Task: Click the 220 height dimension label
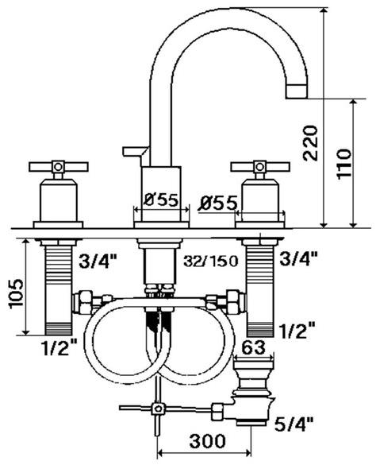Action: pos(311,143)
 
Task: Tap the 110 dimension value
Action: pos(344,164)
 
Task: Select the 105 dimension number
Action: pos(16,293)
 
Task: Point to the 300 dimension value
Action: pos(207,441)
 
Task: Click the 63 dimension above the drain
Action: pos(253,347)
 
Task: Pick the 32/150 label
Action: pos(211,262)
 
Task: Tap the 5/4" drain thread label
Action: pos(294,424)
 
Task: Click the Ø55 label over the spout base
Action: pos(162,200)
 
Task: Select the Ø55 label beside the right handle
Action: pos(219,203)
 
